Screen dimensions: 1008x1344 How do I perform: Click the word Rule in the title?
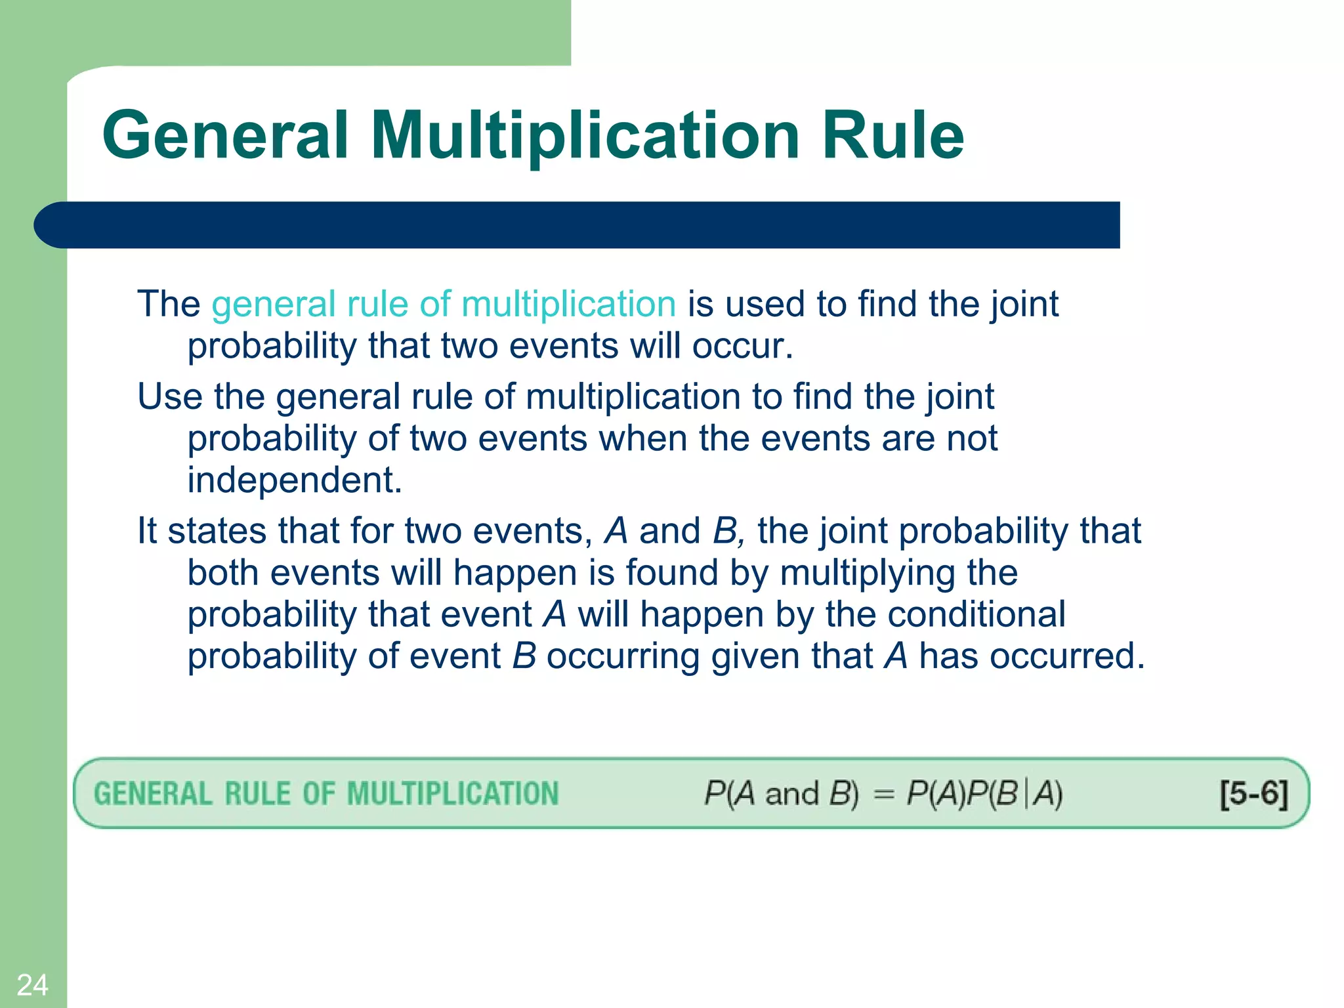892,135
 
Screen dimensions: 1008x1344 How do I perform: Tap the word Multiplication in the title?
585,135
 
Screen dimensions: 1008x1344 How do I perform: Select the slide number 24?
32,985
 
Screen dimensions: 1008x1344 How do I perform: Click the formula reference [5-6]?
1253,793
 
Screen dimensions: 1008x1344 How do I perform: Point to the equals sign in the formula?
883,794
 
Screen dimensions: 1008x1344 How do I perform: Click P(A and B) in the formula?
781,793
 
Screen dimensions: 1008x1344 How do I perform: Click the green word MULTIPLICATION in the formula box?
453,793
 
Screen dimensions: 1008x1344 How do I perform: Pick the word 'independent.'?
295,480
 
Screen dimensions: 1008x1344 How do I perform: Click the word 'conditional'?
976,615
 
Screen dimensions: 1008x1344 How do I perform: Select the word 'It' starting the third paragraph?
147,531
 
